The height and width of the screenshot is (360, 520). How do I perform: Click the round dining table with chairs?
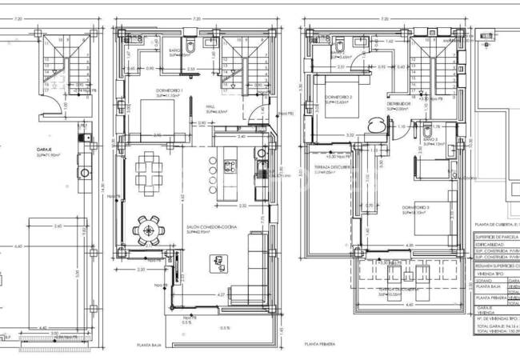click(147, 230)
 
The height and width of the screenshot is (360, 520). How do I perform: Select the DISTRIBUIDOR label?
click(398, 102)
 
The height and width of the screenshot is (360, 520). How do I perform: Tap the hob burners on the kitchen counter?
click(230, 166)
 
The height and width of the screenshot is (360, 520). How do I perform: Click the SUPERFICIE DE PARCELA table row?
click(496, 237)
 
